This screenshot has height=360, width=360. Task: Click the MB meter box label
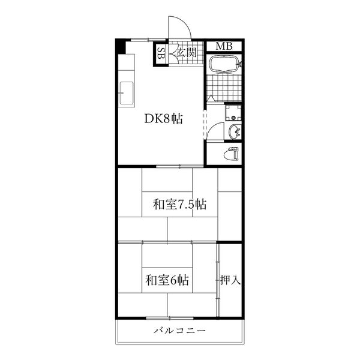tap(224, 47)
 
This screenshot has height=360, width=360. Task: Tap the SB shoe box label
tap(161, 53)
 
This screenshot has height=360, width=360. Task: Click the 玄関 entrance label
tap(187, 53)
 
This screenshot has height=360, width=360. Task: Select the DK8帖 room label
tap(163, 119)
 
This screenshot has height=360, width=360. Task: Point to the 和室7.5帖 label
tap(179, 204)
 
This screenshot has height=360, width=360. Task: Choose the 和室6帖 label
tap(167, 280)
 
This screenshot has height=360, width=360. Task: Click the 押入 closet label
tap(230, 280)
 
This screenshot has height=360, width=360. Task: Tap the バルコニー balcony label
tap(179, 331)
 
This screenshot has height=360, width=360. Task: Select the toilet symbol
tap(232, 154)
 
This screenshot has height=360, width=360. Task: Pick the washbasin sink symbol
tap(235, 132)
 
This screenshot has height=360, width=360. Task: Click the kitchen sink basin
tap(127, 93)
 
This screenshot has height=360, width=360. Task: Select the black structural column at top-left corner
tap(121, 46)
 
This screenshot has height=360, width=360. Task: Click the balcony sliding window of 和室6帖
tap(170, 318)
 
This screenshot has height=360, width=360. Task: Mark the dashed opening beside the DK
tap(205, 125)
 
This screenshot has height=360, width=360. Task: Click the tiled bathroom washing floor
tap(224, 88)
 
